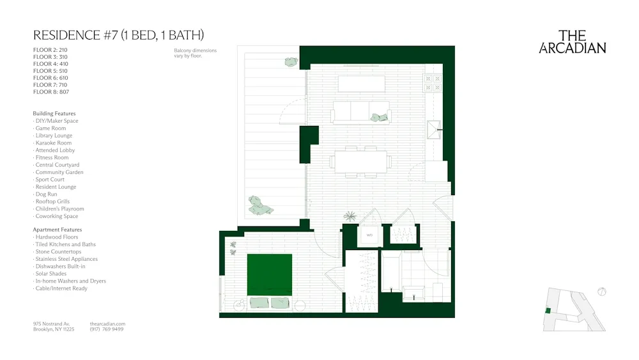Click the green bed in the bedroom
(x=269, y=275)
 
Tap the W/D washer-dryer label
(x=369, y=235)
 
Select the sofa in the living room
(x=361, y=112)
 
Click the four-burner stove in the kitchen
(x=433, y=82)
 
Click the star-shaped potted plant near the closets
(x=350, y=216)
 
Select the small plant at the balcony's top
(x=291, y=61)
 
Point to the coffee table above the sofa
(x=361, y=84)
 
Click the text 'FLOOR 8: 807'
(x=50, y=92)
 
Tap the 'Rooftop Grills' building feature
(x=52, y=201)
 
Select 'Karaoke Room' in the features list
(x=54, y=143)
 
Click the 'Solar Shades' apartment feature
(x=50, y=274)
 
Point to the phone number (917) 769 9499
(x=107, y=329)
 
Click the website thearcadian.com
(x=108, y=324)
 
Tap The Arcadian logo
(x=573, y=42)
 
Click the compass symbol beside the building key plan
(x=601, y=292)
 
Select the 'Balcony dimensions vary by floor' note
(x=195, y=53)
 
